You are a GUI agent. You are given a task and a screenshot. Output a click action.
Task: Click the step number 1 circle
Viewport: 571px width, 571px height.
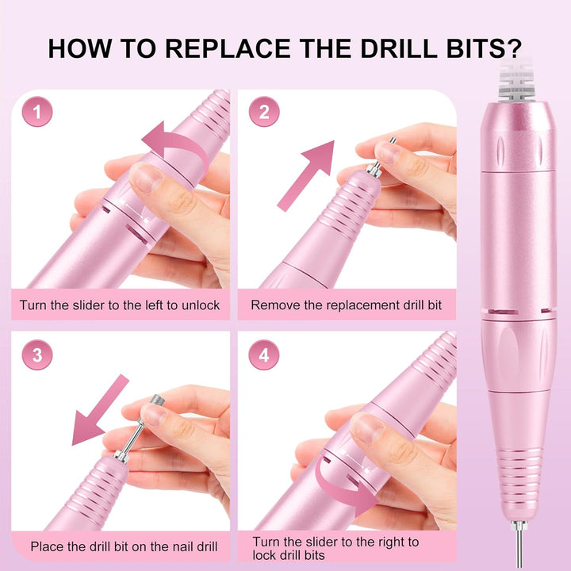(x=37, y=113)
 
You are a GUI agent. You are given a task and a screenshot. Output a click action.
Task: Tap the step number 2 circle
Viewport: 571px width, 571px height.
(x=264, y=113)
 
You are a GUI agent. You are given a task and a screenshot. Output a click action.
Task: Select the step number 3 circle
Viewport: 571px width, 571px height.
(x=37, y=355)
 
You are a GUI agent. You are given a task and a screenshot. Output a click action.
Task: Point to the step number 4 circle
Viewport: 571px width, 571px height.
(x=264, y=355)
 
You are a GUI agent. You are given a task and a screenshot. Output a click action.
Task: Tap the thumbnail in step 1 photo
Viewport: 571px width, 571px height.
(x=146, y=178)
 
